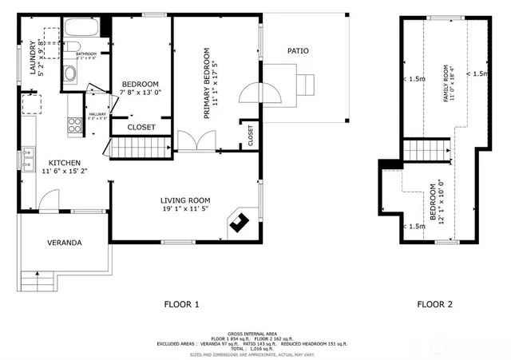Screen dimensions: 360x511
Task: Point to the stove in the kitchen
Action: click(x=76, y=124)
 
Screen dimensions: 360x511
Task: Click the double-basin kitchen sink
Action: click(x=27, y=151)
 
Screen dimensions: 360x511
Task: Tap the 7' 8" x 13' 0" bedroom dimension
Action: click(x=140, y=93)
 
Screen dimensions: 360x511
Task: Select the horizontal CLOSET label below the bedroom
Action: click(x=141, y=127)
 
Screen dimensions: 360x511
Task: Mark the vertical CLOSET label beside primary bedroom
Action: click(x=251, y=134)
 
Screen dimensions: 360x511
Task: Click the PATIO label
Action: click(x=298, y=51)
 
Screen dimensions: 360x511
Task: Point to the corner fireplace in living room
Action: click(x=240, y=224)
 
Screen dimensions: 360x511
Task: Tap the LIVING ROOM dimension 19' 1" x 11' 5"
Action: click(x=184, y=210)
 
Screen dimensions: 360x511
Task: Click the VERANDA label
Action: click(x=65, y=242)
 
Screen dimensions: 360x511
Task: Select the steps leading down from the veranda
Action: click(x=38, y=280)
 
